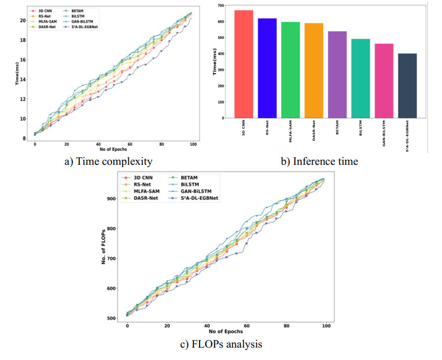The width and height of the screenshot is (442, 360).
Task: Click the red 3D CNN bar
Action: (243, 64)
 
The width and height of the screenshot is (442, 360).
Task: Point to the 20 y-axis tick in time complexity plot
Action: (23, 21)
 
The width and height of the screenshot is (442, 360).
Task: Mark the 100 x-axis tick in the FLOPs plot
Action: (326, 326)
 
